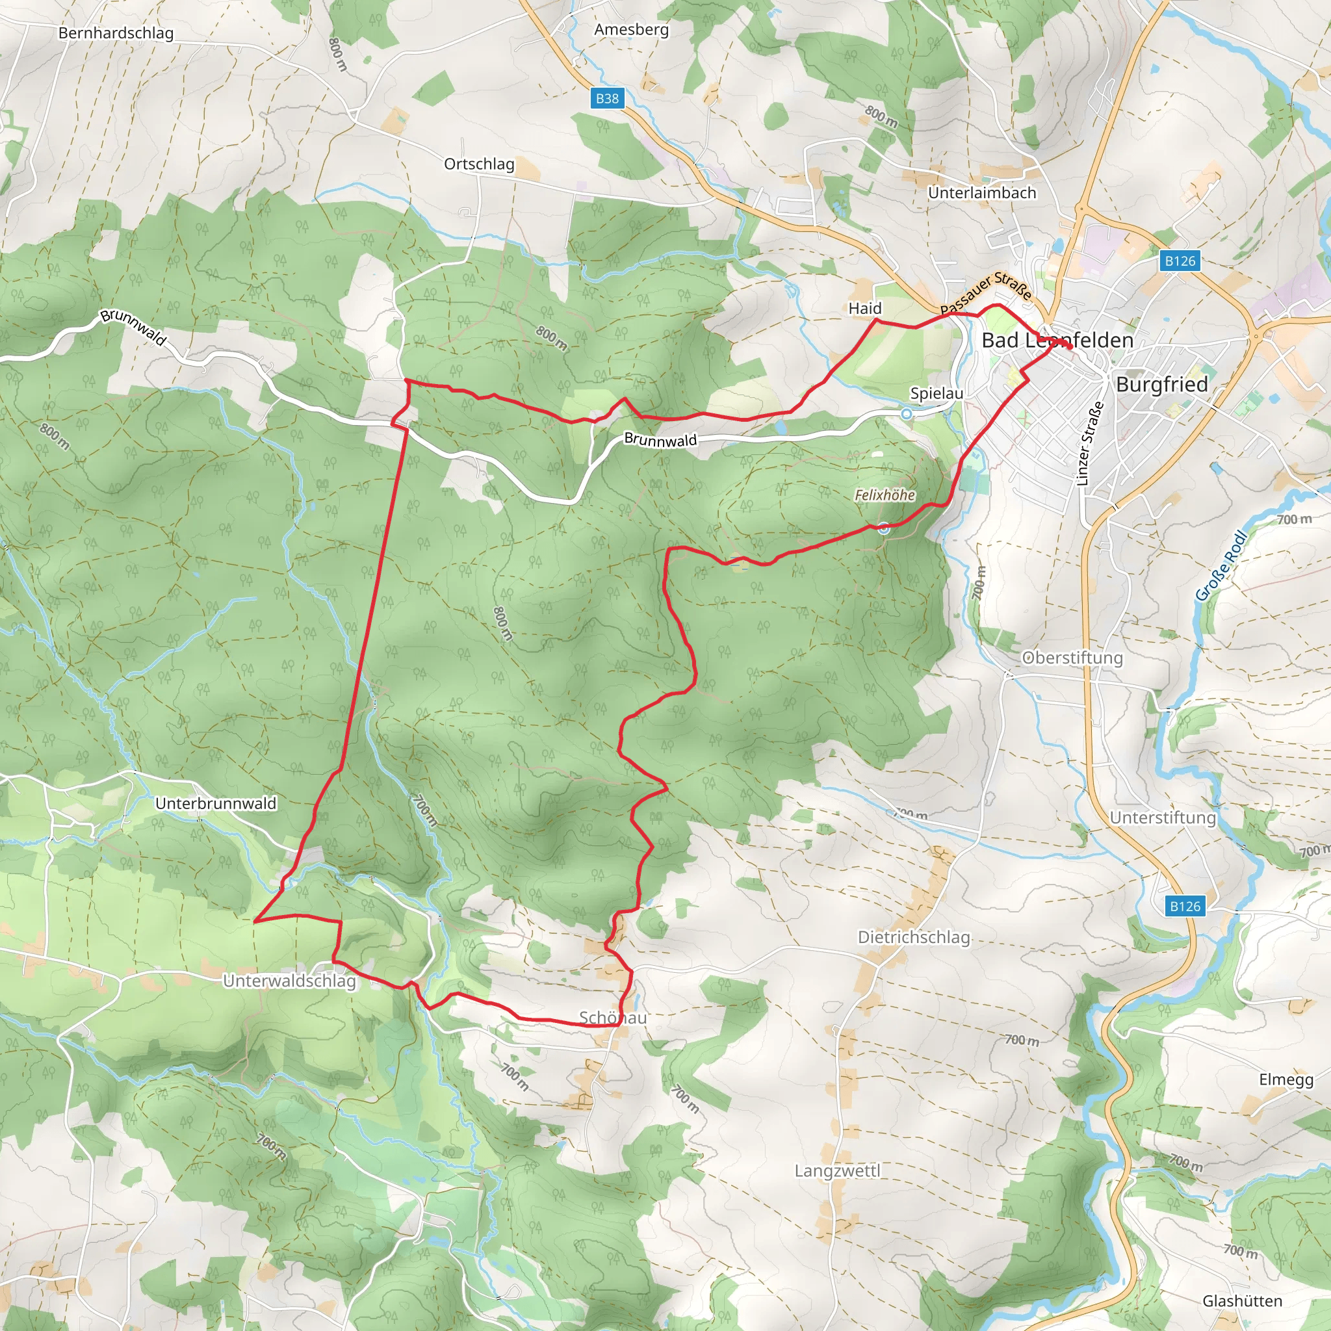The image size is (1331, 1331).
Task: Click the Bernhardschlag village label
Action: click(116, 33)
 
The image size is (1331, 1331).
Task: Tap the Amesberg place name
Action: click(631, 30)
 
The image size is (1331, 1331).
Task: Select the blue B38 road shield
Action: click(607, 99)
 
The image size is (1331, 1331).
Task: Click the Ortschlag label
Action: click(479, 164)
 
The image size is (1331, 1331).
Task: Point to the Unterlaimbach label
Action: click(982, 193)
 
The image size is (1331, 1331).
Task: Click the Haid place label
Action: click(864, 308)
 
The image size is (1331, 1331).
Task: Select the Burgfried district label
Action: click(1161, 385)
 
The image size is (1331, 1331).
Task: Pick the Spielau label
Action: click(937, 393)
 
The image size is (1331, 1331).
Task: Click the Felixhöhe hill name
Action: click(885, 495)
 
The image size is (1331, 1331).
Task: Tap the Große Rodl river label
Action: click(1221, 565)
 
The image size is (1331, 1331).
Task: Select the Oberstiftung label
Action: click(1072, 657)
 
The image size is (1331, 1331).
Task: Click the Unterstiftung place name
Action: click(1163, 818)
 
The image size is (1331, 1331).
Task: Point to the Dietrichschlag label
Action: click(914, 937)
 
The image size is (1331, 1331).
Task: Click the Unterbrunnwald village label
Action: click(216, 803)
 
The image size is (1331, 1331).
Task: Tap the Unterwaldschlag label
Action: click(289, 980)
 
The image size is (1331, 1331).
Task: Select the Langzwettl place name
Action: click(837, 1170)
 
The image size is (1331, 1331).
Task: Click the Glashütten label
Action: click(1242, 1300)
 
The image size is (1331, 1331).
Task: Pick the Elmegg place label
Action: click(1286, 1079)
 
